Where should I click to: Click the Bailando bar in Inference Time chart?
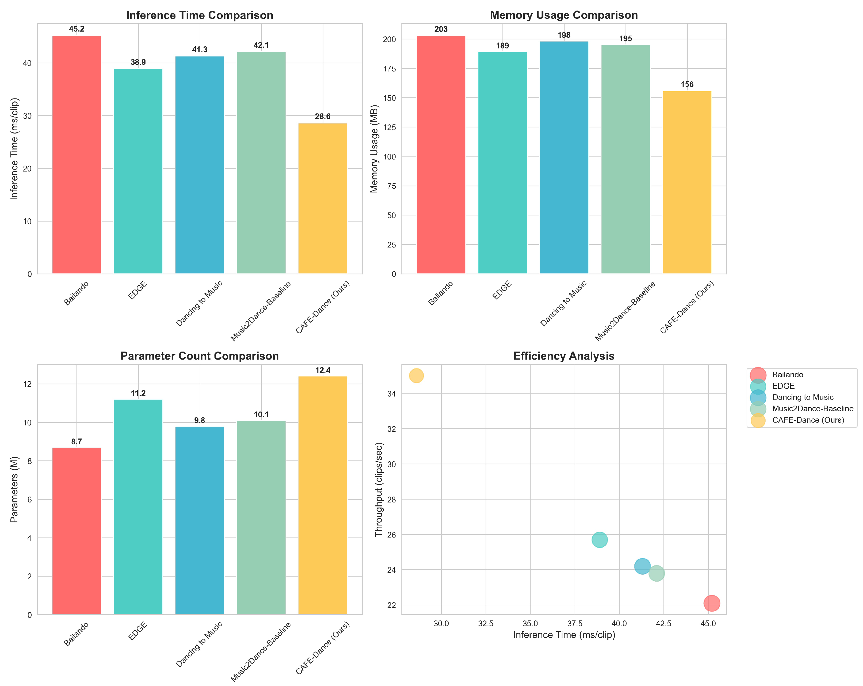[x=76, y=155]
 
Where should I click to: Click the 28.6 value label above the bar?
[x=323, y=117]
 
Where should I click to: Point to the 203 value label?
[x=441, y=29]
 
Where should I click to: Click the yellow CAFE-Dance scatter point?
[x=416, y=376]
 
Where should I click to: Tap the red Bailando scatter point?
[x=712, y=603]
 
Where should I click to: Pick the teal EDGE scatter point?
[x=600, y=540]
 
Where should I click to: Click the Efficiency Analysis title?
[x=563, y=356]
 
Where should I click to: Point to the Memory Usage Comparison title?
[x=563, y=15]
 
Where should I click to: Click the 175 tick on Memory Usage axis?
[x=389, y=68]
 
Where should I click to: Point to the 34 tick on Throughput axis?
[x=392, y=394]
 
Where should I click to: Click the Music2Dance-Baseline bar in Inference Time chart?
[x=261, y=163]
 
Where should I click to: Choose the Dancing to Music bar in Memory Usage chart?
[x=564, y=158]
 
